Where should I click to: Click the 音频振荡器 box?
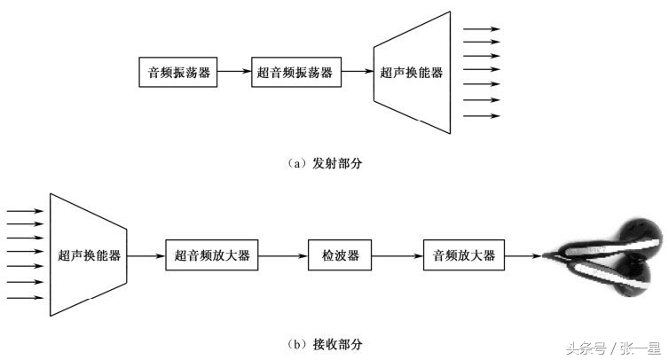tap(178, 73)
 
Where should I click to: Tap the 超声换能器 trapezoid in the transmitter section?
tap(410, 73)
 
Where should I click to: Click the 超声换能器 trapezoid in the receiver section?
tap(89, 255)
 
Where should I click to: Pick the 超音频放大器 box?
tap(212, 255)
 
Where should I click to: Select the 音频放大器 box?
tap(464, 255)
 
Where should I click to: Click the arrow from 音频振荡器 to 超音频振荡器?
tap(235, 73)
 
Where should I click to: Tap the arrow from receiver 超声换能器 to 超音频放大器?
tap(147, 255)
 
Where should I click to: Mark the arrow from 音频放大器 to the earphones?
tap(523, 255)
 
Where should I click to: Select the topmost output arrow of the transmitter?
tap(483, 28)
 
